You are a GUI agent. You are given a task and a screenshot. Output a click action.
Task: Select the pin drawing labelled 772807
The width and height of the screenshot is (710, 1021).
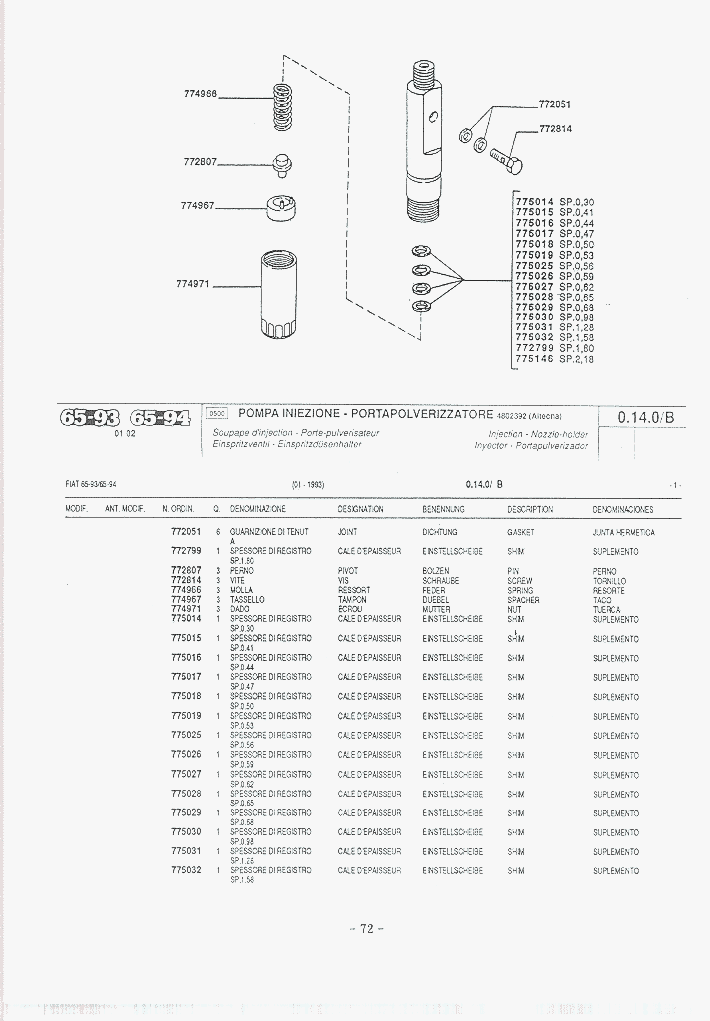click(283, 162)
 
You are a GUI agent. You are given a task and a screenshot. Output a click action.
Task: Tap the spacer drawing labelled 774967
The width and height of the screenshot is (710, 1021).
click(283, 207)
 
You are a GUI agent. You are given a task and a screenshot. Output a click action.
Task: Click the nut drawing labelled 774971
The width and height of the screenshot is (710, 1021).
click(279, 293)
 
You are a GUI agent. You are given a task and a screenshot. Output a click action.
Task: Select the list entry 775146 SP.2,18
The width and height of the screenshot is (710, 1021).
click(554, 359)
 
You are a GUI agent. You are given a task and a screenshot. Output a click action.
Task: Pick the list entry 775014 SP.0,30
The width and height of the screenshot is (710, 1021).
click(554, 202)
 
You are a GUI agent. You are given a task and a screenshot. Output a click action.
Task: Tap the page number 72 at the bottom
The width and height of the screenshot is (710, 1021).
click(366, 928)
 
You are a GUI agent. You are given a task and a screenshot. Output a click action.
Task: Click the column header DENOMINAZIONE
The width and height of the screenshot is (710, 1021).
click(258, 510)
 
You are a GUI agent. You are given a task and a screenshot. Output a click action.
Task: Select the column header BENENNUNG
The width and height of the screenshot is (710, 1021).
click(443, 510)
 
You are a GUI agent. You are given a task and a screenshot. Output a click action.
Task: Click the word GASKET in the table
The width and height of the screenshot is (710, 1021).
click(521, 533)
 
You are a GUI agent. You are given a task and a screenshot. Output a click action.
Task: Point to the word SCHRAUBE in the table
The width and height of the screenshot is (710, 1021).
click(440, 580)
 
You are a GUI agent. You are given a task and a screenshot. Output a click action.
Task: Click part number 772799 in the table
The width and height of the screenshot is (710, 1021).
click(186, 551)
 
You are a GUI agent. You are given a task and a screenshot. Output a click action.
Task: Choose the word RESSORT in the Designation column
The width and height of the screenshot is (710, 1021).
click(354, 590)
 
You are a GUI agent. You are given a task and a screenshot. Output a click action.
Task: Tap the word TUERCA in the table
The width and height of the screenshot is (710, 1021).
click(606, 610)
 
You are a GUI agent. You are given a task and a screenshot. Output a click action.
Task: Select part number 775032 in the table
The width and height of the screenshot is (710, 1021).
click(186, 870)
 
